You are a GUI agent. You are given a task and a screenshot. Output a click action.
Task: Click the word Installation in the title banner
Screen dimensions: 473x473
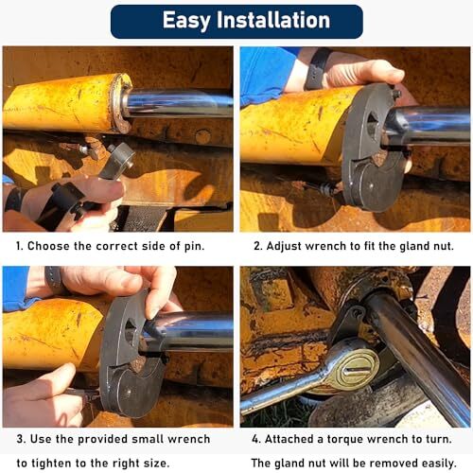coord(274,21)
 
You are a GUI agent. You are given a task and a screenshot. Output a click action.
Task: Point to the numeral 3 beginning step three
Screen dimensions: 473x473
coord(21,439)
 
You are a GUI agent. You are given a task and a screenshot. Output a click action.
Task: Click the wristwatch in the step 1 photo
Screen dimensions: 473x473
coord(13,200)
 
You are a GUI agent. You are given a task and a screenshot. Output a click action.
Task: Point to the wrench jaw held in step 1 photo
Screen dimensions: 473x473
coord(117,160)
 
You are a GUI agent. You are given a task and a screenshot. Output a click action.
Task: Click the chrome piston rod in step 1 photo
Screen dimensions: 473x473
coord(180,102)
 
